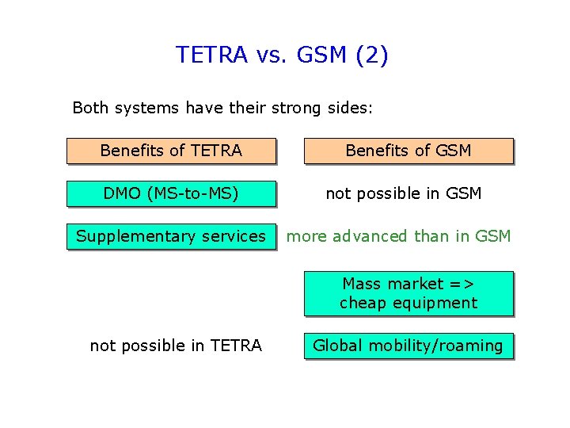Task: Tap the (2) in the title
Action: point(372,55)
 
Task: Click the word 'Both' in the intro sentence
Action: point(89,107)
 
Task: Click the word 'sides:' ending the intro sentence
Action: point(348,107)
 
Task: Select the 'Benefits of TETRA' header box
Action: point(171,151)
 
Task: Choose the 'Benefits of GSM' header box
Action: point(408,151)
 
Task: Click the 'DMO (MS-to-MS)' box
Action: point(171,193)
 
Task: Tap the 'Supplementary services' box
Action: point(171,236)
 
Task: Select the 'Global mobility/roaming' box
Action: point(408,346)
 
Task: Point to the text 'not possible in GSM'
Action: point(404,193)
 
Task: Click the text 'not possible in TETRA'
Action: point(176,346)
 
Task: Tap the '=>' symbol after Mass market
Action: point(462,284)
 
